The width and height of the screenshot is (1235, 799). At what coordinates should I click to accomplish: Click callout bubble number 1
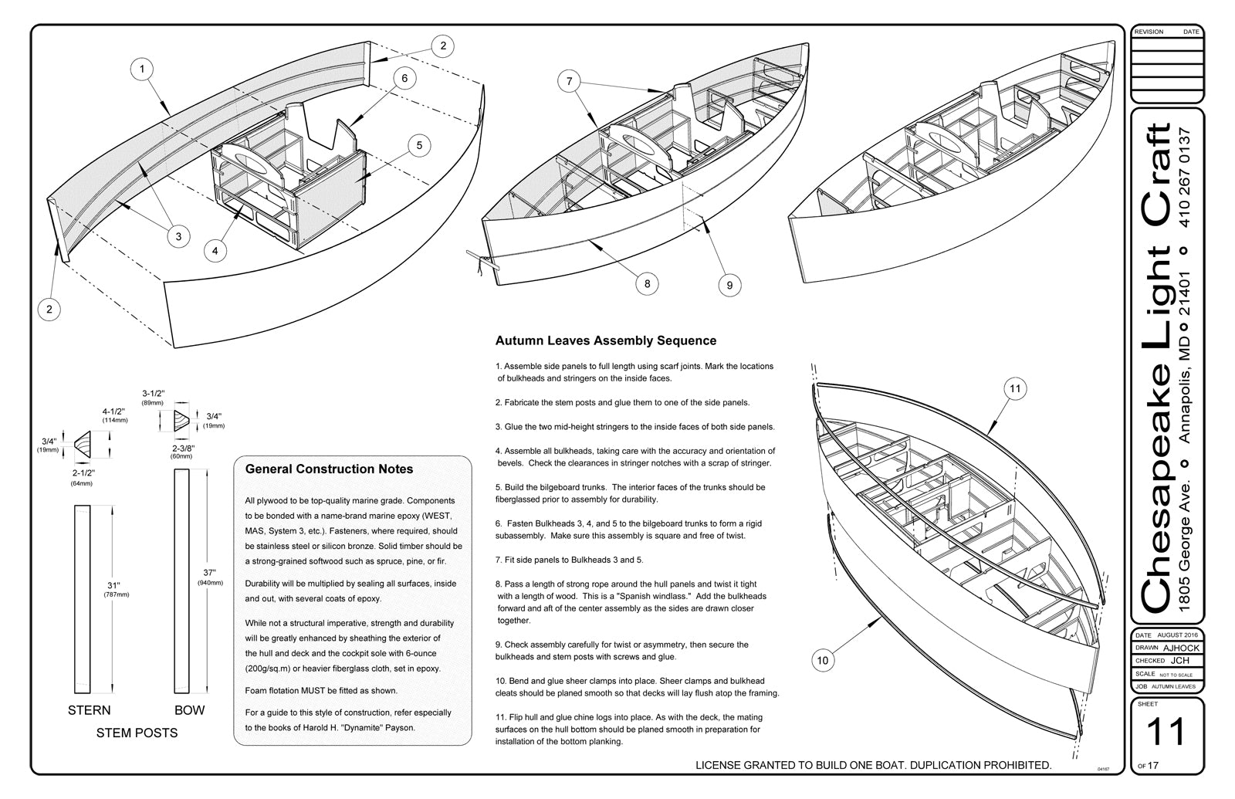point(142,69)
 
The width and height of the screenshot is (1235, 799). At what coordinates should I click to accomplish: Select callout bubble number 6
point(404,77)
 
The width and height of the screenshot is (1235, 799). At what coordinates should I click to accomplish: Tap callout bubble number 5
point(418,145)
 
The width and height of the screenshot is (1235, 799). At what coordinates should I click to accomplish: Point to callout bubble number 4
point(215,250)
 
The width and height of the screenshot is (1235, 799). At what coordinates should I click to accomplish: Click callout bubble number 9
point(729,286)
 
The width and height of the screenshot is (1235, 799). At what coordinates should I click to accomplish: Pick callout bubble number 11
point(1015,388)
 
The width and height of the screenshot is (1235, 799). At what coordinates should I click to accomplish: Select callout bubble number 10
point(822,660)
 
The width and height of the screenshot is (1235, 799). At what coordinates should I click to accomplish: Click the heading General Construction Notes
point(329,469)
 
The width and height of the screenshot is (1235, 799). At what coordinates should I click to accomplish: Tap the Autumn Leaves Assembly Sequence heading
point(605,340)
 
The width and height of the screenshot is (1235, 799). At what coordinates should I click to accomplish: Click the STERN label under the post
point(90,710)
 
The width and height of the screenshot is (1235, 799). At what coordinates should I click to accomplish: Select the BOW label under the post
point(189,710)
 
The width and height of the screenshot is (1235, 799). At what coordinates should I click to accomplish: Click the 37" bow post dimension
point(209,574)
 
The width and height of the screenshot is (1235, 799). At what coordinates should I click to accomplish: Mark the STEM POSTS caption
point(137,733)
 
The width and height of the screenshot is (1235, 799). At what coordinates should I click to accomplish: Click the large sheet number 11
point(1166,732)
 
